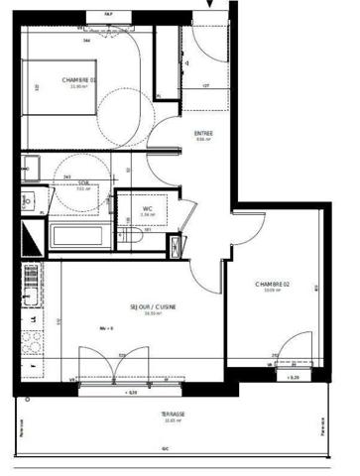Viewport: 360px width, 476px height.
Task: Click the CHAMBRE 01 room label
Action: click(x=79, y=80)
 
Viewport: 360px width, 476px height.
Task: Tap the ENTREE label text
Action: click(x=203, y=136)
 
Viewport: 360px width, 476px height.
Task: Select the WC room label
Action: click(x=147, y=210)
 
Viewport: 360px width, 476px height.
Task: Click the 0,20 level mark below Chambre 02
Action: click(x=292, y=378)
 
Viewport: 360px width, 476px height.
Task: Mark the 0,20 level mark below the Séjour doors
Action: click(x=132, y=395)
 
